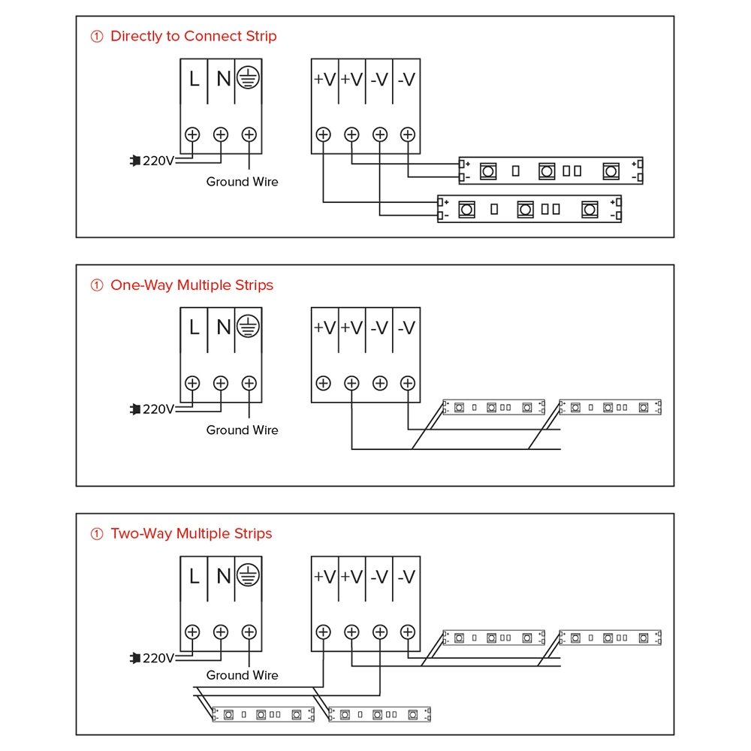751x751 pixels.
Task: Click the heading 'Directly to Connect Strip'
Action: [193, 36]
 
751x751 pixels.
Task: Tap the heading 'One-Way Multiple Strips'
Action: [192, 285]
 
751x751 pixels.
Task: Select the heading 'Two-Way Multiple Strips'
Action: [191, 534]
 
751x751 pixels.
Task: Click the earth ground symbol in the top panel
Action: [248, 77]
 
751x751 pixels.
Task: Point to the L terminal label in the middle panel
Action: [194, 327]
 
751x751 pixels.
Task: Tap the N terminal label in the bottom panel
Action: [223, 577]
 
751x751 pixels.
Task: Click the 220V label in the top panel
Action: [158, 161]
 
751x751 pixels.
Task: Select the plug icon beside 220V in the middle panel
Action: [135, 409]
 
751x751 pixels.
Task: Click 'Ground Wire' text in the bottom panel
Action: [242, 675]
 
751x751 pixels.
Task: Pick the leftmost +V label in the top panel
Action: [324, 79]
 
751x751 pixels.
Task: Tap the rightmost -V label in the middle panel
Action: [406, 327]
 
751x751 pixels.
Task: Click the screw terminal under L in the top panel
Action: [192, 134]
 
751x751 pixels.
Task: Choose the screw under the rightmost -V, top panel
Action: [408, 134]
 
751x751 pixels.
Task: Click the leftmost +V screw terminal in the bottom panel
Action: [323, 632]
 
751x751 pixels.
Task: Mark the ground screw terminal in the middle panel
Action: [249, 383]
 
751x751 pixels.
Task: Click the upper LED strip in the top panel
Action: [551, 171]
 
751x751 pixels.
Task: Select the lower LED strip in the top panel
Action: [530, 210]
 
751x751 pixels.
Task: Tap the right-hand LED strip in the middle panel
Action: [610, 407]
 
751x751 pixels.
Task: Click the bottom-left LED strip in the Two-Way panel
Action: [263, 715]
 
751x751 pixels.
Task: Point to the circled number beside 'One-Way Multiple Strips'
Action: [96, 285]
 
